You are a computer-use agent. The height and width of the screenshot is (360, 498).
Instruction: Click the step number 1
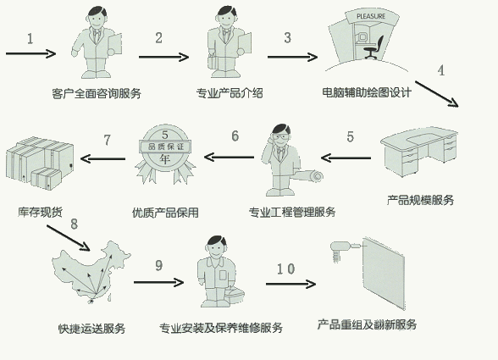(30, 39)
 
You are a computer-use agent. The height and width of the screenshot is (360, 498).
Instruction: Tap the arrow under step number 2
(163, 58)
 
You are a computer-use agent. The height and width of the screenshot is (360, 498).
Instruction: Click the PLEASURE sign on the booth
(371, 16)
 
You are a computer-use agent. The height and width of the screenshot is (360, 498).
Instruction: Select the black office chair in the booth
(373, 47)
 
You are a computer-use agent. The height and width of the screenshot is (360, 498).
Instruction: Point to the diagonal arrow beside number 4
(437, 94)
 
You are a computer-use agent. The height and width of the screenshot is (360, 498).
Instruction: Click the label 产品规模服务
(420, 200)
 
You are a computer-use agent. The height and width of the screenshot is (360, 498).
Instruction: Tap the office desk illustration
(419, 151)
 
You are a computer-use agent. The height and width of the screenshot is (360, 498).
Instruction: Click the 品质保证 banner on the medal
(165, 147)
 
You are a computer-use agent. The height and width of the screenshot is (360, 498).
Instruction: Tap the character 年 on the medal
(165, 158)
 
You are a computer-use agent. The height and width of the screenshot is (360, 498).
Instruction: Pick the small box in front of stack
(46, 179)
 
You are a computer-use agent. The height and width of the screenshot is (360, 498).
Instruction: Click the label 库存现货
(40, 212)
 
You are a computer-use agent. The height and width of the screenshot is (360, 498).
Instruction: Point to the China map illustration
(91, 272)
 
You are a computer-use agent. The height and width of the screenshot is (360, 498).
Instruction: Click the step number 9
(159, 265)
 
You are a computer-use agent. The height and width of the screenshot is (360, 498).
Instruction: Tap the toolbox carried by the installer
(235, 295)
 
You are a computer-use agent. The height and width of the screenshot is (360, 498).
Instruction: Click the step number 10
(286, 269)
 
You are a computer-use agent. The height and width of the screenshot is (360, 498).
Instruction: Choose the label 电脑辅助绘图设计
(367, 92)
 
